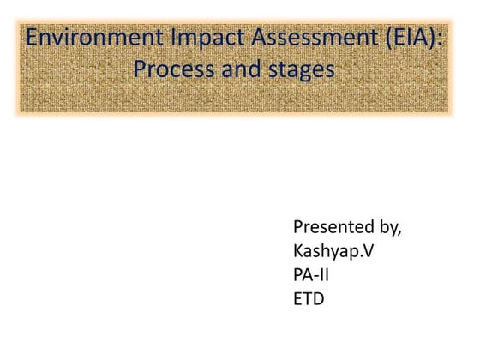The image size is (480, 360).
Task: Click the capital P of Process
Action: click(x=141, y=70)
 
